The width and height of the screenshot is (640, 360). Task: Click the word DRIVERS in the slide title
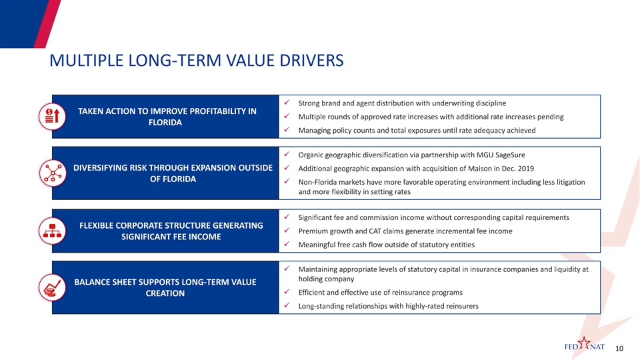(x=306, y=61)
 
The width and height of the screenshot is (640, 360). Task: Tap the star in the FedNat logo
(x=585, y=345)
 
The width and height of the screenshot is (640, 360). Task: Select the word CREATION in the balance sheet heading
(x=165, y=294)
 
